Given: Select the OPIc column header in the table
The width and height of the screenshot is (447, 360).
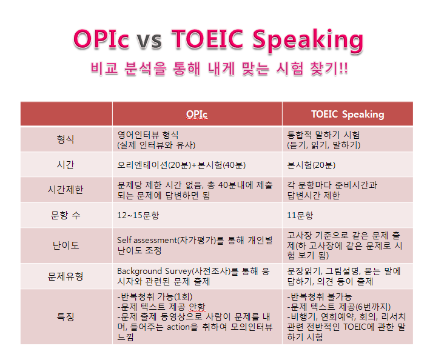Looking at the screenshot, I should pos(197,114).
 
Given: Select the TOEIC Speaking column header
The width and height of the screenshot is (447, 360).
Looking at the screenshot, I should pos(348,114).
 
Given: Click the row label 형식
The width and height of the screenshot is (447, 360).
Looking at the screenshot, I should pos(66,139).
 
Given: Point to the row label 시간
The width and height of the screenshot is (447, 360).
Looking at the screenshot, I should pos(66,165).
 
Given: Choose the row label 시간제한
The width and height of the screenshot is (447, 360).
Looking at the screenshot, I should pos(66,190).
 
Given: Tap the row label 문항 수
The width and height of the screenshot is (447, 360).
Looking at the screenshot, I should pos(66,215).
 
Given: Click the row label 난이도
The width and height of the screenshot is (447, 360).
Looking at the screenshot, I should pos(66,245).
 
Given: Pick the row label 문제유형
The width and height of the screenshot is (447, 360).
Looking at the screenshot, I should pos(66,276).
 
